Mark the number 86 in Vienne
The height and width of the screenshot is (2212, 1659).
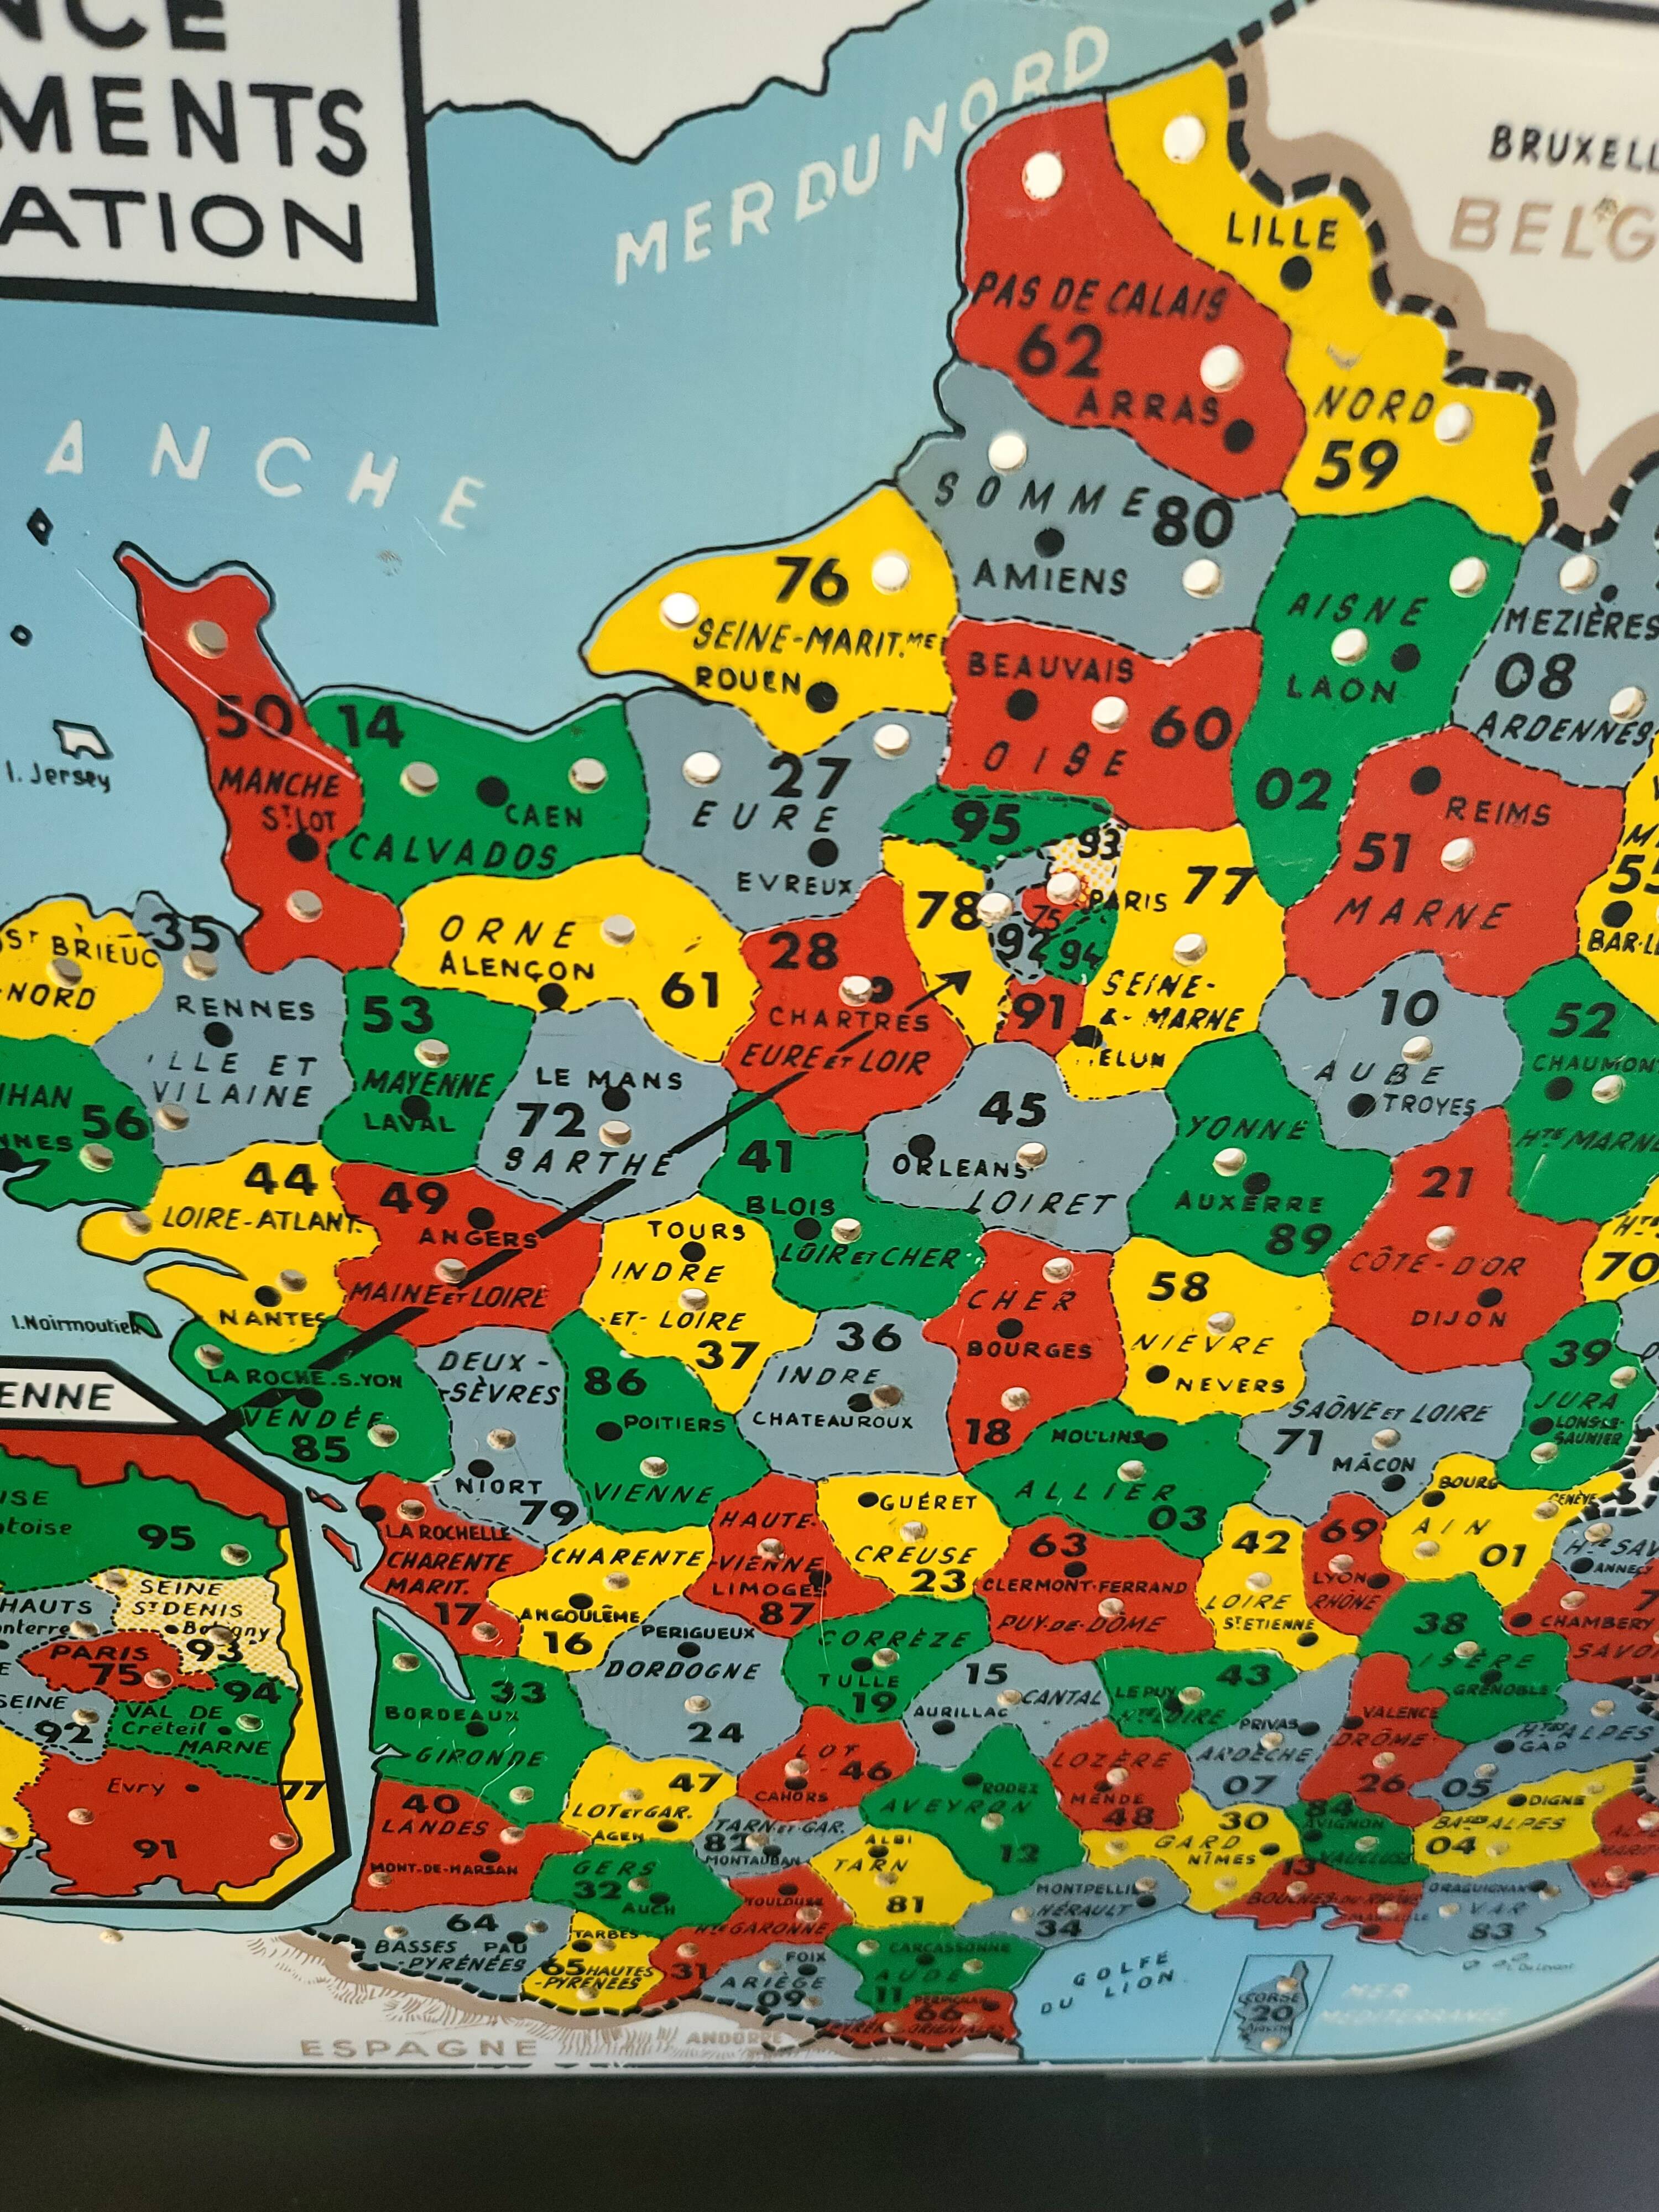pyautogui.click(x=615, y=1381)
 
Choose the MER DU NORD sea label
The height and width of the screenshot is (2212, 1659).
pyautogui.click(x=860, y=165)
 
